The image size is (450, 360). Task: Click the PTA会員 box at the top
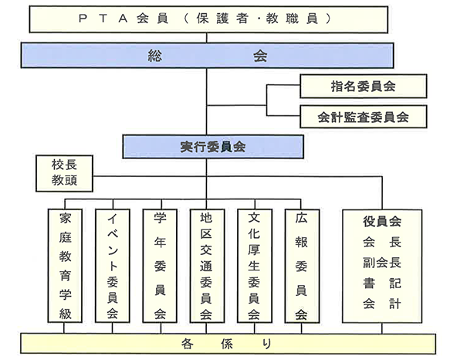[208, 19]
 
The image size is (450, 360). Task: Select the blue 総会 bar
[207, 56]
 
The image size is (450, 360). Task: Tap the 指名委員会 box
[364, 87]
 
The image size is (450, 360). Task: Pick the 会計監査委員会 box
[364, 117]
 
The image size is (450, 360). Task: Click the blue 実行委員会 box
[213, 147]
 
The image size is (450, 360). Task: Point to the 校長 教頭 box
[64, 173]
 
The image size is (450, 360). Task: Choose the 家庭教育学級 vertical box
[65, 266]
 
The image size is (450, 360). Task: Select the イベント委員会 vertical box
[113, 266]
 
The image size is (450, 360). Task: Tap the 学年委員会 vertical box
[160, 266]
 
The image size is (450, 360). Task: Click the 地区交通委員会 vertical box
[207, 266]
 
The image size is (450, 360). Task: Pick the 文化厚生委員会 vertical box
[255, 266]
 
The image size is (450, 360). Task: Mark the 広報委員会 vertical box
[302, 266]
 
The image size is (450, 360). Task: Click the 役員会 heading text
[382, 222]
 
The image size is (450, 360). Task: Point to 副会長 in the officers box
[382, 263]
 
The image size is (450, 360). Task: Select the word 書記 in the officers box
[382, 284]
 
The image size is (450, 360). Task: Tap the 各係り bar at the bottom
[228, 344]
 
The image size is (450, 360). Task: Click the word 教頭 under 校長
[64, 181]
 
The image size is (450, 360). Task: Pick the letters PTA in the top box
[103, 19]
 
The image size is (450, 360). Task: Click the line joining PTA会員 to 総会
[207, 38]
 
